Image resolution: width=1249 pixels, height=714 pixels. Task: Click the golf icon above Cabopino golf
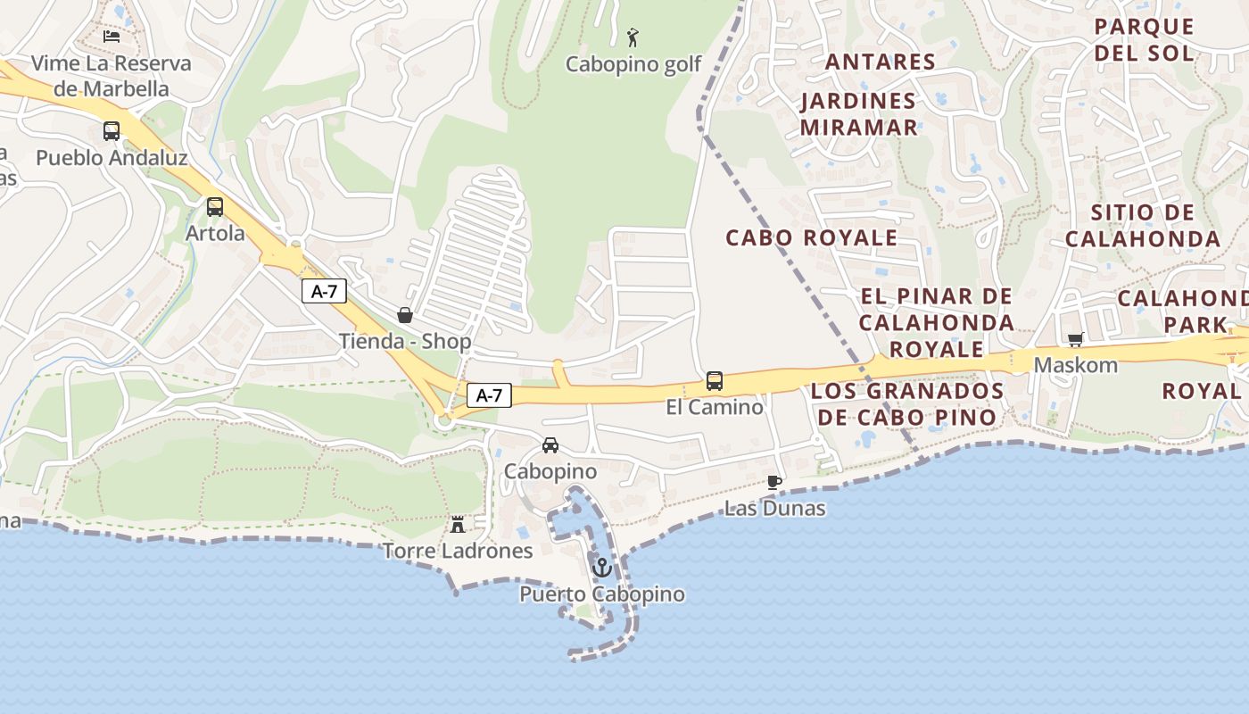pyautogui.click(x=633, y=37)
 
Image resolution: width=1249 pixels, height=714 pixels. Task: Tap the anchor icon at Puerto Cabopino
pyautogui.click(x=602, y=567)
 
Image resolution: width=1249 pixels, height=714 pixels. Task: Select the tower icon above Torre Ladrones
pyautogui.click(x=458, y=524)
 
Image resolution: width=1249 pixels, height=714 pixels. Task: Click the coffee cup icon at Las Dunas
pyautogui.click(x=774, y=483)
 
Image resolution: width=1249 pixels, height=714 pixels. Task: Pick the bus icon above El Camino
pyautogui.click(x=715, y=381)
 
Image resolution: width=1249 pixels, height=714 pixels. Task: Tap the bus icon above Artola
pyautogui.click(x=215, y=207)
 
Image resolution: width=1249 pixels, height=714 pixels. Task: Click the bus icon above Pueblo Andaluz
pyautogui.click(x=112, y=131)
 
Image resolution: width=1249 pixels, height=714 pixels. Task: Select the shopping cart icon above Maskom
pyautogui.click(x=1075, y=339)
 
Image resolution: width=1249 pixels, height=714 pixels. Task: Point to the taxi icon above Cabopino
pyautogui.click(x=550, y=445)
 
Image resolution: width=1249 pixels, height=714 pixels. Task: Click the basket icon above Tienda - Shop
pyautogui.click(x=405, y=315)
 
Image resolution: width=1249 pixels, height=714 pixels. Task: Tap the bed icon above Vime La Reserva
pyautogui.click(x=112, y=37)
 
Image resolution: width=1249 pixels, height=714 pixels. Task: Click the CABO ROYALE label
pyautogui.click(x=811, y=238)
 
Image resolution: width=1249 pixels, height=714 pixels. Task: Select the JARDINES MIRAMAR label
pyautogui.click(x=858, y=114)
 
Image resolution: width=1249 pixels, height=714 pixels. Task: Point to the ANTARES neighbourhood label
pyautogui.click(x=880, y=62)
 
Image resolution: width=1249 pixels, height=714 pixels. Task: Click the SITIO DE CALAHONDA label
pyautogui.click(x=1143, y=226)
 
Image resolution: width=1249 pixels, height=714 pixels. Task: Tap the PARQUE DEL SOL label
pyautogui.click(x=1144, y=39)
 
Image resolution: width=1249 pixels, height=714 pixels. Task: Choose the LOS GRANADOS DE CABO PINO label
pyautogui.click(x=907, y=403)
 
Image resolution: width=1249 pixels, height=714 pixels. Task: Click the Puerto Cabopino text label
pyautogui.click(x=602, y=594)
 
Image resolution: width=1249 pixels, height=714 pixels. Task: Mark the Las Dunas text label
pyautogui.click(x=774, y=509)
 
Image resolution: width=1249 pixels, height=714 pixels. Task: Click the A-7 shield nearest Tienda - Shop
pyautogui.click(x=324, y=290)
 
